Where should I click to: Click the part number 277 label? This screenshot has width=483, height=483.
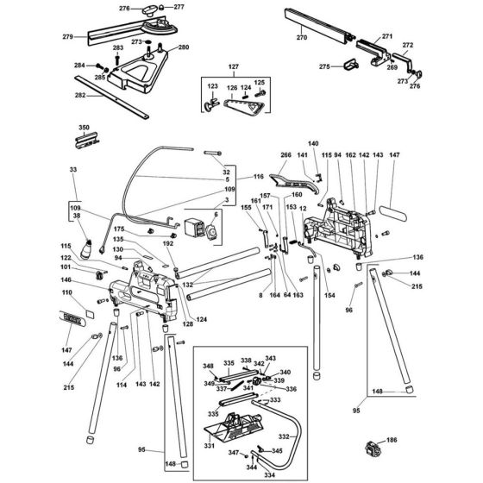point(180,7)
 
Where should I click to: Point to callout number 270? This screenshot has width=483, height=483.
point(301,39)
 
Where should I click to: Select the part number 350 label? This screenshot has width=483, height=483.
point(84,127)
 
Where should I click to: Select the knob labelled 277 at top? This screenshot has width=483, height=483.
point(158,11)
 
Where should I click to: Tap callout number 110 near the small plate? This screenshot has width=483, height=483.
point(66,292)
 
